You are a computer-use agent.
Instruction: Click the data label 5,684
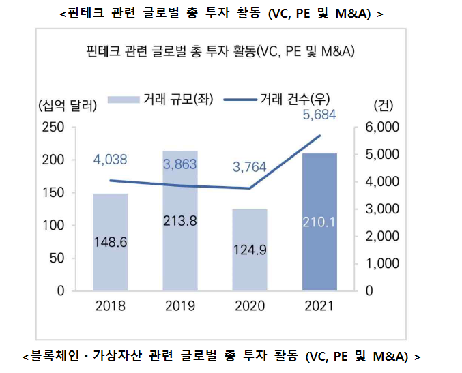(319, 115)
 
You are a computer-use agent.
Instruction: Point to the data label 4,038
(111, 160)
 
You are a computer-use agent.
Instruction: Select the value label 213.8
(179, 220)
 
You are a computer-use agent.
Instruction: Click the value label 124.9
(249, 250)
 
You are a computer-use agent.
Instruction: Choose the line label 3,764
(249, 167)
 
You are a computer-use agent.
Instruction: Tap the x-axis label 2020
(249, 305)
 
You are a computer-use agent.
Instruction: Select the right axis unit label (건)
(384, 106)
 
